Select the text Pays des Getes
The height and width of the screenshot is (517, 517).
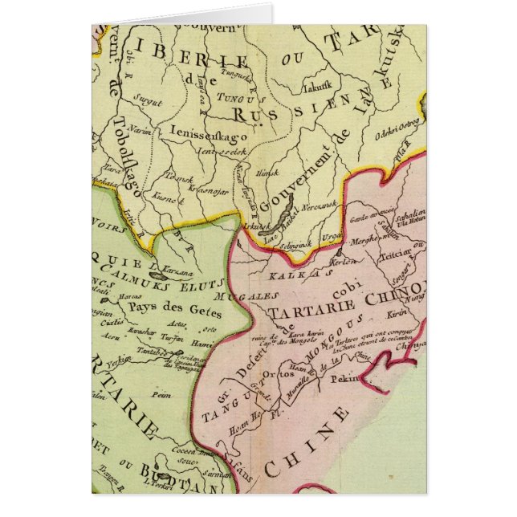(167, 305)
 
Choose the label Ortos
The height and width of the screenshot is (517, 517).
(254, 377)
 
